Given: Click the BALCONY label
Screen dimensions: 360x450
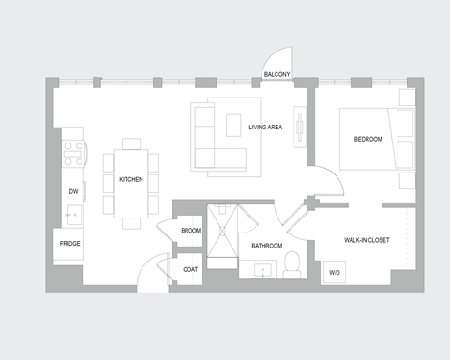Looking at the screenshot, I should click(x=277, y=74).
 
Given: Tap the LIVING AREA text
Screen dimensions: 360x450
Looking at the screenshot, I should click(x=265, y=127).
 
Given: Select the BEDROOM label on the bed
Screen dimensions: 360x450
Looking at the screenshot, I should click(x=367, y=140).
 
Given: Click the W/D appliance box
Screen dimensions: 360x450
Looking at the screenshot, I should click(x=334, y=273).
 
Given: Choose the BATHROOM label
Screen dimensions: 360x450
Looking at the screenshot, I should click(x=266, y=246).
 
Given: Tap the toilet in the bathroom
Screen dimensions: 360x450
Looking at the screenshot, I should click(x=291, y=263).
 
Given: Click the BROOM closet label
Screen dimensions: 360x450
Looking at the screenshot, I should click(x=190, y=230).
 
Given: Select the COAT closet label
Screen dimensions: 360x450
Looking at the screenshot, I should click(x=190, y=269).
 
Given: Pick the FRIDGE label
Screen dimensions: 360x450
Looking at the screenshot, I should click(x=69, y=244).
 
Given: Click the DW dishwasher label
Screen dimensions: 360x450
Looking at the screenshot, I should click(x=72, y=191).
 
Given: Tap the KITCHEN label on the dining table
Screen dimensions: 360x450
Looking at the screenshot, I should click(x=130, y=180).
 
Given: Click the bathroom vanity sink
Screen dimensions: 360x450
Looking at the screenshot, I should click(x=263, y=271).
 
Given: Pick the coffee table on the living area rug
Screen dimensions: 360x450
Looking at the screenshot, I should click(x=233, y=127).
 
